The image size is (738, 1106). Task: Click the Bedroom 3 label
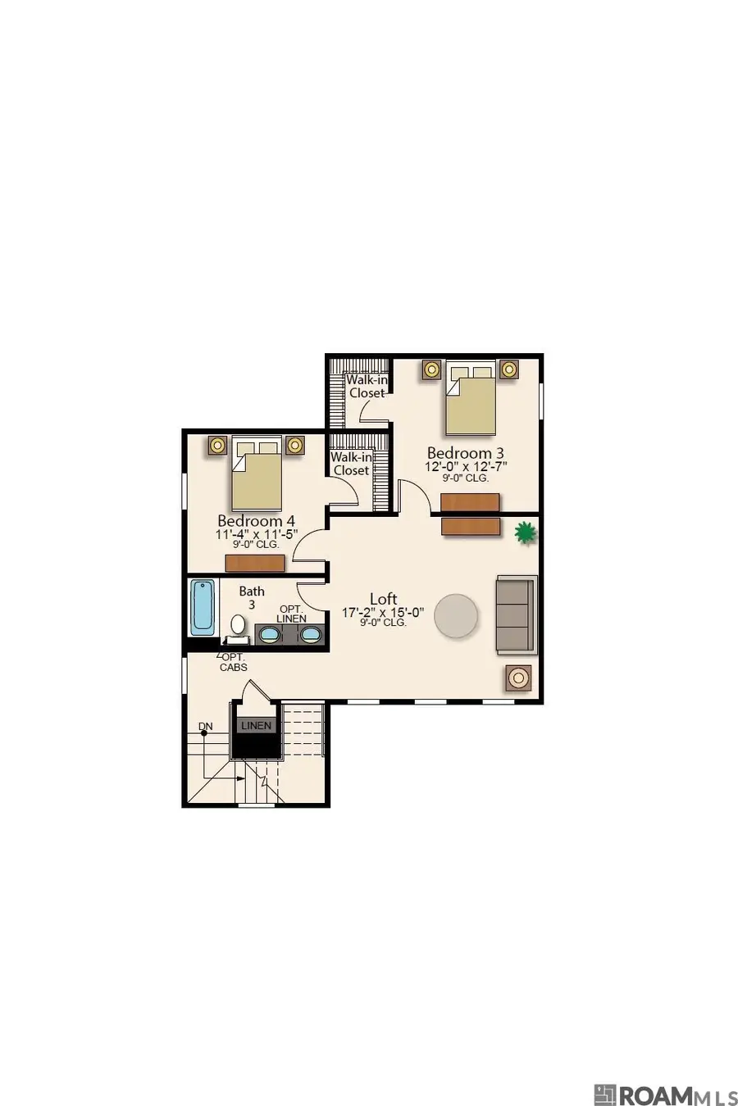coord(466,453)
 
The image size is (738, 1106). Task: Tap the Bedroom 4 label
coord(256,521)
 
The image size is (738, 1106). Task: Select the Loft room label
coord(384,599)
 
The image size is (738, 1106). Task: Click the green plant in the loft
coord(525,533)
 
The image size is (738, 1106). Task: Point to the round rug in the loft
coord(456,616)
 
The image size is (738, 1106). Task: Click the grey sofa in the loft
coord(516,614)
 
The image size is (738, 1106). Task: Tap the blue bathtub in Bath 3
coord(203,608)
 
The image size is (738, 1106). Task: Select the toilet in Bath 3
coord(238,629)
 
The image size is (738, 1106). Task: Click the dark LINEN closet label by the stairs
coord(257,725)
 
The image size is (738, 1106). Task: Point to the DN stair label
coord(206,727)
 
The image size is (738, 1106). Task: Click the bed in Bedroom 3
coord(471,398)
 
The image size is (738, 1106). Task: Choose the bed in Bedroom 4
coord(257,474)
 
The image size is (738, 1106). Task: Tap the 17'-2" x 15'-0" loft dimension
coord(384,613)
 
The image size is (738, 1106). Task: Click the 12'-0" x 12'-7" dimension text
coord(466,467)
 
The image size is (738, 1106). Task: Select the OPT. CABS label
coord(234,663)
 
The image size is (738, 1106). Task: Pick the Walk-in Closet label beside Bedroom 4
coord(352,464)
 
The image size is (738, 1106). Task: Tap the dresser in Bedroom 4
coord(255,564)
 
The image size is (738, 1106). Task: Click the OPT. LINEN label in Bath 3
coord(291,614)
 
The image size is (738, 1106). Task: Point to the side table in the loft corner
coord(518,678)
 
